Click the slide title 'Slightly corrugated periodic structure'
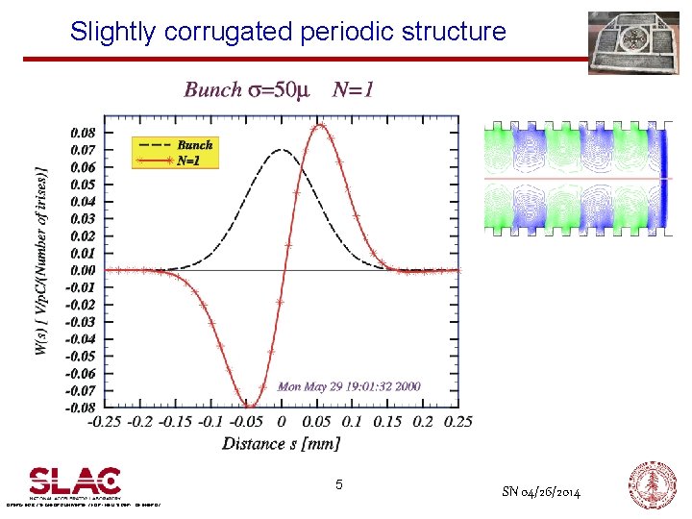[x=287, y=32]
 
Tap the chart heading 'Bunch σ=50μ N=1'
[x=279, y=90]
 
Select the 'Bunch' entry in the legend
[x=194, y=145]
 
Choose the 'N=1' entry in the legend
[x=188, y=161]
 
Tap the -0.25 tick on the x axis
[x=106, y=422]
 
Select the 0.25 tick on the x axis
[x=457, y=422]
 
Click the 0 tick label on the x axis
[x=282, y=422]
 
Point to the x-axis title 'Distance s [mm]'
[x=281, y=443]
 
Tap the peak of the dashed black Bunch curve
[x=282, y=150]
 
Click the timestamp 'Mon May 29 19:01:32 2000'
[x=349, y=386]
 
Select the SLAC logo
[x=75, y=482]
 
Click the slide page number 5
[x=339, y=485]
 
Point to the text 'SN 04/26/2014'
[x=541, y=492]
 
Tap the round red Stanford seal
[x=652, y=483]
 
